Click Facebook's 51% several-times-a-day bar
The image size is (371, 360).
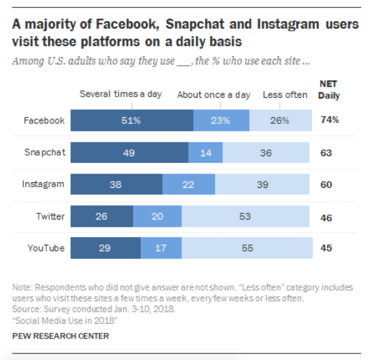132,120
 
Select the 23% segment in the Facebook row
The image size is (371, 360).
221,120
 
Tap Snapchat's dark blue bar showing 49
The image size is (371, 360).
129,153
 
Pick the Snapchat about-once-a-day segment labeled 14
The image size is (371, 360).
206,153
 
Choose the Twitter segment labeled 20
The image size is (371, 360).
157,217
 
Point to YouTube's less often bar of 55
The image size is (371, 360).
247,248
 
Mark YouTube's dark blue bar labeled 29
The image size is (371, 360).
106,248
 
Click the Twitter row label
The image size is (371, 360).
50,217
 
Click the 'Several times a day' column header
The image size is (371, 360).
121,94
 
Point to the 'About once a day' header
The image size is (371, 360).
213,95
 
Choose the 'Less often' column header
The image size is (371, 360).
285,95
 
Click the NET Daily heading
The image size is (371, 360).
329,90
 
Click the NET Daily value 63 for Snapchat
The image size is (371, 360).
326,153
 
